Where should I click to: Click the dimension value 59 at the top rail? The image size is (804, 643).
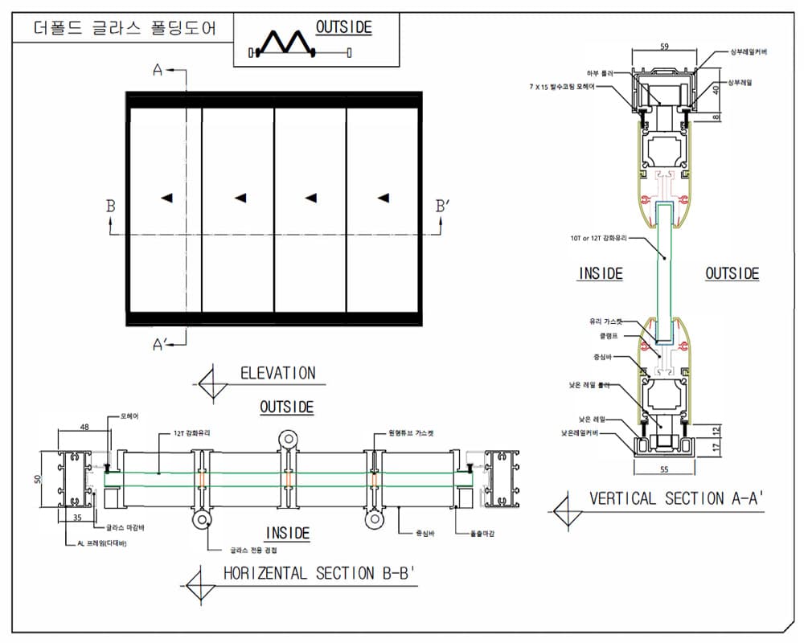click(x=663, y=47)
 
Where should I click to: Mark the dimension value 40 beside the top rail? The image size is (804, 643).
click(x=716, y=91)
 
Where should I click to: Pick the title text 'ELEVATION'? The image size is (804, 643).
click(x=277, y=373)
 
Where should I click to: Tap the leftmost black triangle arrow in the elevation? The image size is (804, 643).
click(x=166, y=198)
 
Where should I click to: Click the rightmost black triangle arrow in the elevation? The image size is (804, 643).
click(x=384, y=198)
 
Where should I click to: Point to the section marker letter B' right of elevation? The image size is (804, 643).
click(x=443, y=207)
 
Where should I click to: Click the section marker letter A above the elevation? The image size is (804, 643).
click(x=158, y=71)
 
